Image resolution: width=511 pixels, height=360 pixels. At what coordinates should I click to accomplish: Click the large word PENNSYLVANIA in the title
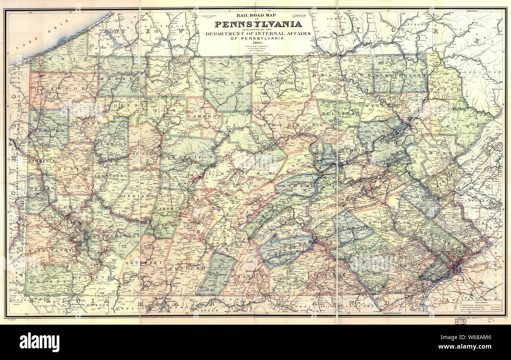pyautogui.click(x=258, y=24)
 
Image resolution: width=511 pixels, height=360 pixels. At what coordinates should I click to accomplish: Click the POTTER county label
pyautogui.click(x=228, y=83)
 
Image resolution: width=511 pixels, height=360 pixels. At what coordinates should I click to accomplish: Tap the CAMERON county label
pyautogui.click(x=204, y=116)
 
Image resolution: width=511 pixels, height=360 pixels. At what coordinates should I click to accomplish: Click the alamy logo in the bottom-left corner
pyautogui.click(x=39, y=342)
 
